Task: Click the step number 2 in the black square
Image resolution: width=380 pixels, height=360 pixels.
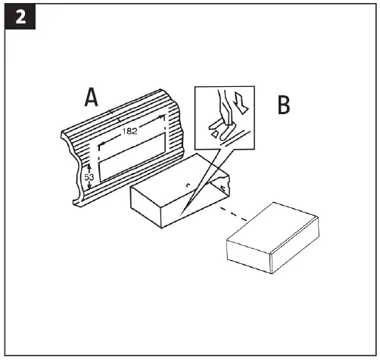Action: (x=19, y=18)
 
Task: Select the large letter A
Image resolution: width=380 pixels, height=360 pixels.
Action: (x=92, y=98)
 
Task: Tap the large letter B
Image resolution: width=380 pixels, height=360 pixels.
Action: (x=283, y=105)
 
